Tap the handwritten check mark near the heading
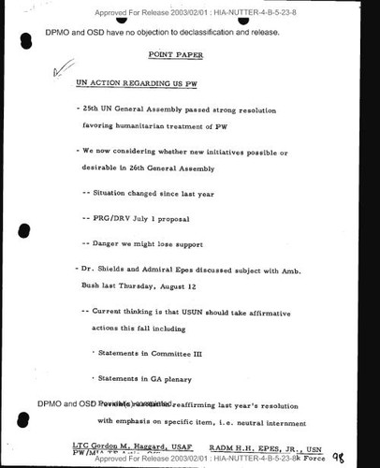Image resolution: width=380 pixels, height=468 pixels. click(62, 69)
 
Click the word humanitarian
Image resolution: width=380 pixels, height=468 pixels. click(150, 124)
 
